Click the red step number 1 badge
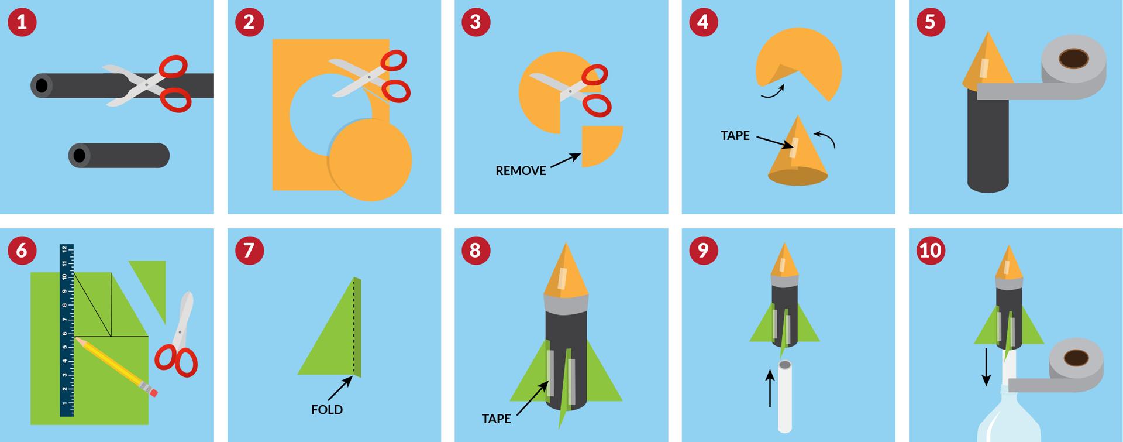tap(22, 22)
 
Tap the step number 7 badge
tap(249, 251)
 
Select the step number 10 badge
tap(931, 251)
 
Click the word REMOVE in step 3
tap(521, 171)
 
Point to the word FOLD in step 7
tap(327, 410)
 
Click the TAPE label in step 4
tap(735, 135)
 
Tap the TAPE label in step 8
tap(497, 419)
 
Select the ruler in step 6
tap(67, 330)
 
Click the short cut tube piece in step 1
tap(119, 156)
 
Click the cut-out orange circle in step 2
tap(370, 159)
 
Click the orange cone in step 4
tap(797, 152)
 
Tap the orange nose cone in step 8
tap(565, 271)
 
